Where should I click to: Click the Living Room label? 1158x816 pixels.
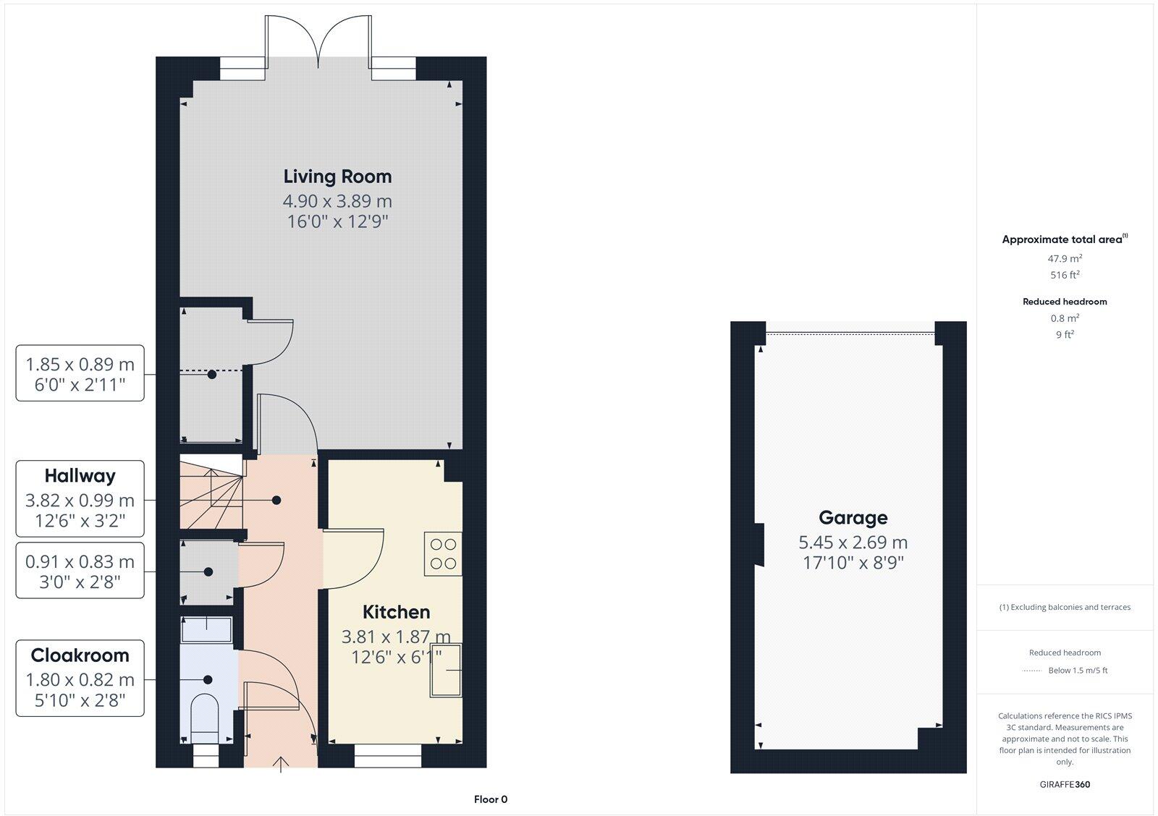pyautogui.click(x=337, y=177)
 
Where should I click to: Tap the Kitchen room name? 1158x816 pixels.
pyautogui.click(x=396, y=612)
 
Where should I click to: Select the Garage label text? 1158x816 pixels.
pyautogui.click(x=853, y=518)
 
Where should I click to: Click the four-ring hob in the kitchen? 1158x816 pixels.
pyautogui.click(x=442, y=554)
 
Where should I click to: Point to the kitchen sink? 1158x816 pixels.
pyautogui.click(x=446, y=670)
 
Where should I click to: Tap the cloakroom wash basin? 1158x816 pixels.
pyautogui.click(x=207, y=629)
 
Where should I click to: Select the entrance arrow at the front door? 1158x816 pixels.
pyautogui.click(x=281, y=764)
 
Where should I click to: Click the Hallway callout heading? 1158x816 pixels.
pyautogui.click(x=80, y=476)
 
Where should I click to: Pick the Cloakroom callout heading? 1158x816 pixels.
pyautogui.click(x=80, y=655)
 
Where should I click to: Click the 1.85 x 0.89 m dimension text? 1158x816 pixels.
pyautogui.click(x=80, y=365)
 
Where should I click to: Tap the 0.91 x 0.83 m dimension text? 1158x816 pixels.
pyautogui.click(x=80, y=561)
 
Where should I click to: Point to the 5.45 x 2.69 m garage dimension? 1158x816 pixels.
pyautogui.click(x=853, y=543)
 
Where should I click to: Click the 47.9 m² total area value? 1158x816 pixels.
pyautogui.click(x=1065, y=258)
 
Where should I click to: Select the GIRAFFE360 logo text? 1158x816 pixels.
pyautogui.click(x=1065, y=784)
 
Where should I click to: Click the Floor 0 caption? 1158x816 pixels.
pyautogui.click(x=491, y=799)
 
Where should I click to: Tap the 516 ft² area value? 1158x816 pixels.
pyautogui.click(x=1065, y=275)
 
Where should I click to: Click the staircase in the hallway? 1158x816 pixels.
pyautogui.click(x=211, y=492)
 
